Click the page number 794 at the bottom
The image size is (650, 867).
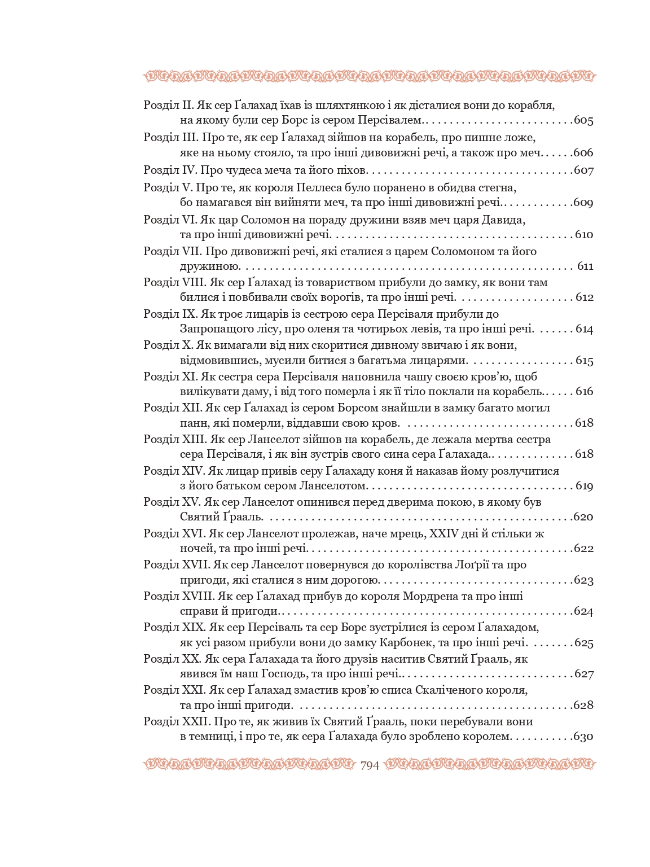pos(369,765)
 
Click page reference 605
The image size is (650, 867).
pos(583,121)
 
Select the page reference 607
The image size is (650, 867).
pos(583,171)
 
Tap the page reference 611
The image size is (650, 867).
pos(585,266)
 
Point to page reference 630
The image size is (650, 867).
pos(583,737)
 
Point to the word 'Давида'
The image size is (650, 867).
pos(508,219)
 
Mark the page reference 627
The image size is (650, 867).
pos(583,674)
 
